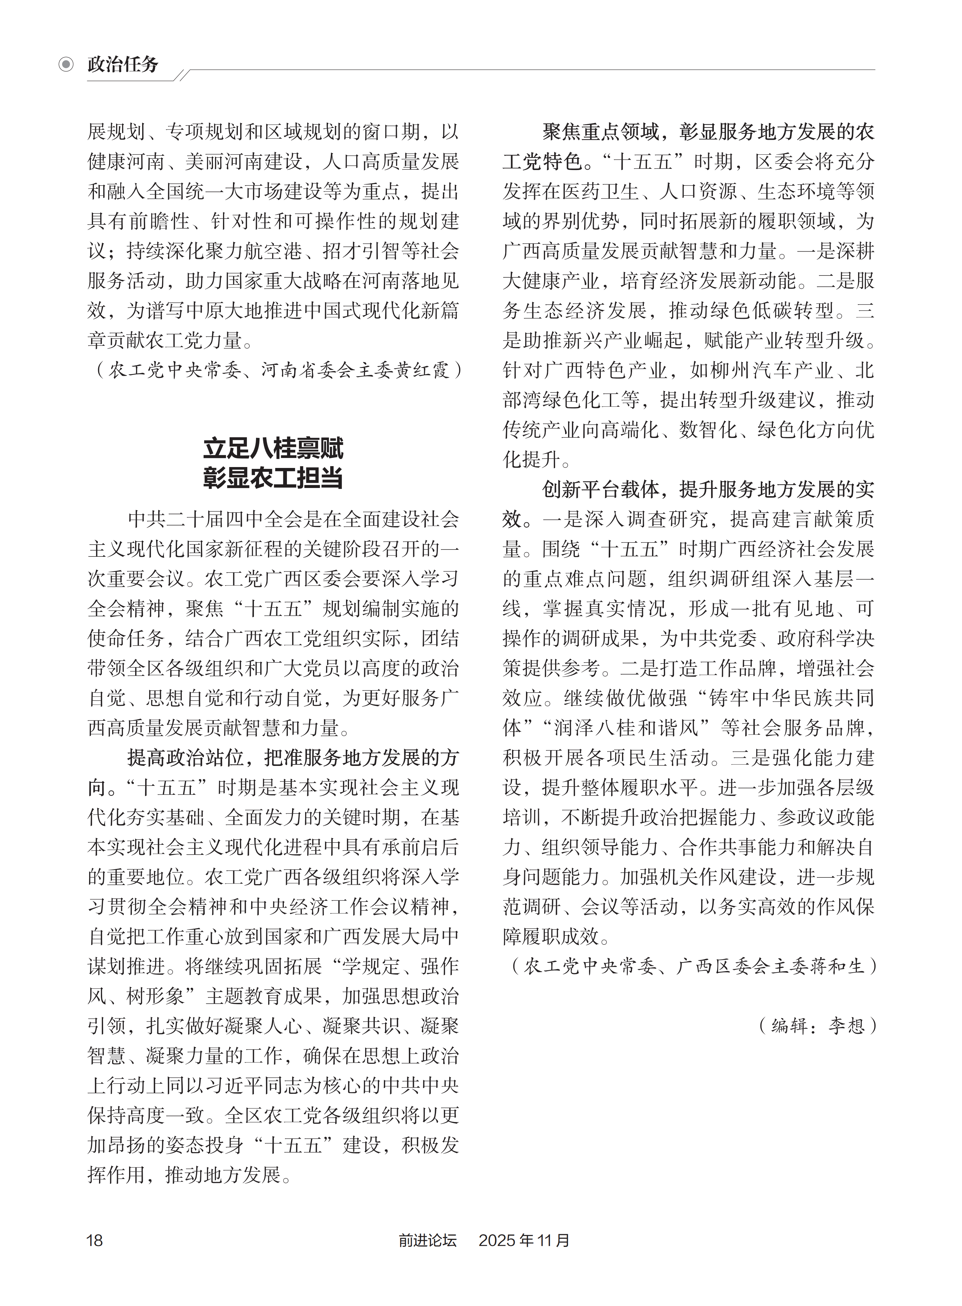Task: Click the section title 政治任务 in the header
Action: coord(123,64)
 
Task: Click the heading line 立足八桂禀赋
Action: coord(273,449)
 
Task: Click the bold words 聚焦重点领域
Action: coord(600,132)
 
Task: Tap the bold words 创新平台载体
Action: coord(600,489)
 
